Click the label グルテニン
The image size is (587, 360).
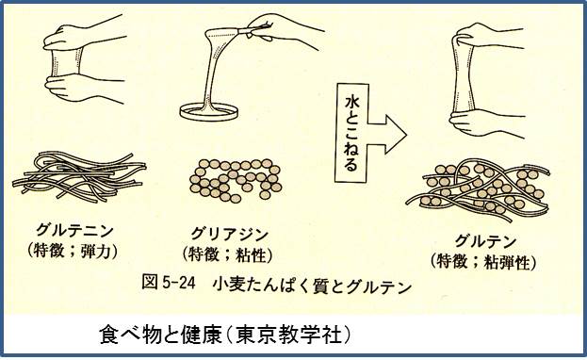point(74,229)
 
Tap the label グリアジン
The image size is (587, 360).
point(230,234)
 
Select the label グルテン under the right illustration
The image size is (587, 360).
point(485,241)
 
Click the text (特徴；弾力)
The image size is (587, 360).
point(73,251)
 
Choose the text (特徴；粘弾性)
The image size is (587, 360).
point(483,261)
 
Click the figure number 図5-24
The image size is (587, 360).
point(169,282)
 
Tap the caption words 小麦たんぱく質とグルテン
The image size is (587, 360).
point(312,286)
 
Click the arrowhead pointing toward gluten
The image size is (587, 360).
point(396,135)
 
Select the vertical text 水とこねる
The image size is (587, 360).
point(351,134)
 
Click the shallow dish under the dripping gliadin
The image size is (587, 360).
point(208,112)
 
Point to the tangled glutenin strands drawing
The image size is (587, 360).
point(79,177)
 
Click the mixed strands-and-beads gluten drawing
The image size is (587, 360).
point(478,190)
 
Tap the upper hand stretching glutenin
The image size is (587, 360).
point(85,34)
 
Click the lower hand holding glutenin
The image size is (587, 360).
point(84,88)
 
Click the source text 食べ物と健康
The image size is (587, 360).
point(160,334)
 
